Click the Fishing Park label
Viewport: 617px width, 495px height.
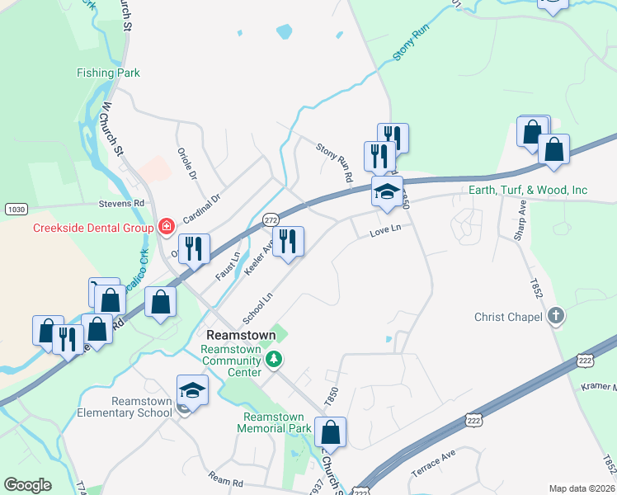(108, 73)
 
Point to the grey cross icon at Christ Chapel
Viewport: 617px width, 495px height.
(556, 316)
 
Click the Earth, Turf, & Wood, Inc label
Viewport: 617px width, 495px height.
(528, 191)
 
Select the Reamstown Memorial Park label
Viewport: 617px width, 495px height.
(274, 422)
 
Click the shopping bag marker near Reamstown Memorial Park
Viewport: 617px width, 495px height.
(330, 431)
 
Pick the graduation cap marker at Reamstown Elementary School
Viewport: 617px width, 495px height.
(192, 389)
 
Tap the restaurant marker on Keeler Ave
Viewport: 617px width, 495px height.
(288, 241)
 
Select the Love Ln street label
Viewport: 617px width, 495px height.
(384, 233)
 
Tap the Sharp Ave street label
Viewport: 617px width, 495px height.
(520, 221)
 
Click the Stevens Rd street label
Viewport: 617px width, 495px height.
(121, 201)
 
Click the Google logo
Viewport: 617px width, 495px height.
(28, 485)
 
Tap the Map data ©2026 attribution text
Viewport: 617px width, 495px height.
(582, 488)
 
